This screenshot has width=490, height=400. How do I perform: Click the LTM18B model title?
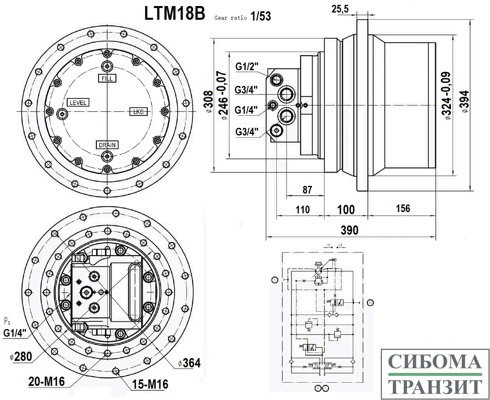(175, 13)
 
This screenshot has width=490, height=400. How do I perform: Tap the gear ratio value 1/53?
(260, 16)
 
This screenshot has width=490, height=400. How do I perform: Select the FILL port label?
(107, 78)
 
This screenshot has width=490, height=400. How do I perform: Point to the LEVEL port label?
(78, 102)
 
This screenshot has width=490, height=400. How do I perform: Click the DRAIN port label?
(107, 145)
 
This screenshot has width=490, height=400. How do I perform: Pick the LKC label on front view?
(138, 112)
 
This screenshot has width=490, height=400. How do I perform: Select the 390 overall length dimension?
(349, 230)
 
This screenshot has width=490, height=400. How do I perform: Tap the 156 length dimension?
(403, 208)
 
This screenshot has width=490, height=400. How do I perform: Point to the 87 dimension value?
(307, 190)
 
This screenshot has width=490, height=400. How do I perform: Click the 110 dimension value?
(302, 209)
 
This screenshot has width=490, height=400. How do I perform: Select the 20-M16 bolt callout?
(46, 381)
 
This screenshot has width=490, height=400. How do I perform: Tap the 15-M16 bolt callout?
(150, 384)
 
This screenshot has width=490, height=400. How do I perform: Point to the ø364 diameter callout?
(189, 363)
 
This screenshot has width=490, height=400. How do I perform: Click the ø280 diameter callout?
(21, 357)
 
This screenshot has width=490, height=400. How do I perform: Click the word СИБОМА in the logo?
(435, 362)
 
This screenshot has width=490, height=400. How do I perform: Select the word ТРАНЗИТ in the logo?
(435, 386)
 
